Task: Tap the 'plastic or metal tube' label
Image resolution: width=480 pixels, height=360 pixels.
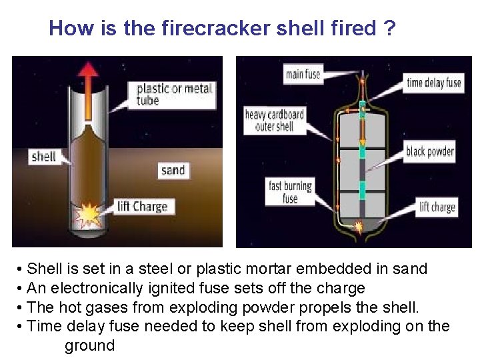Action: pyautogui.click(x=175, y=95)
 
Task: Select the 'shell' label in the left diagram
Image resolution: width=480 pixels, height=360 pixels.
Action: pyautogui.click(x=43, y=157)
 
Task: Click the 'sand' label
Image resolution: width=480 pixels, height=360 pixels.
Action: pyautogui.click(x=173, y=170)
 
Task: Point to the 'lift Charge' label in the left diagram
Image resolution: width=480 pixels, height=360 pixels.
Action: pyautogui.click(x=142, y=206)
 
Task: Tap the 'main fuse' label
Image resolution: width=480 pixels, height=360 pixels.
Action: pyautogui.click(x=303, y=75)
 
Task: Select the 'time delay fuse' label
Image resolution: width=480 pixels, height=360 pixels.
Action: pyautogui.click(x=434, y=83)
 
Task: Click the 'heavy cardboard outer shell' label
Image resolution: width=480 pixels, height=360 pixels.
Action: pyautogui.click(x=274, y=120)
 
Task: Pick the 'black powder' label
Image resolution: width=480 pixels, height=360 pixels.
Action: pyautogui.click(x=430, y=151)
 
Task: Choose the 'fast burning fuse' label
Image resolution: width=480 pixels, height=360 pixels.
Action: pyautogui.click(x=290, y=191)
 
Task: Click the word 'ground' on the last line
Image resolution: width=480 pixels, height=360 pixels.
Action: pyautogui.click(x=89, y=346)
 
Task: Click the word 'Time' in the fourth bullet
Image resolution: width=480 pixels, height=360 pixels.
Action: pyautogui.click(x=44, y=327)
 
